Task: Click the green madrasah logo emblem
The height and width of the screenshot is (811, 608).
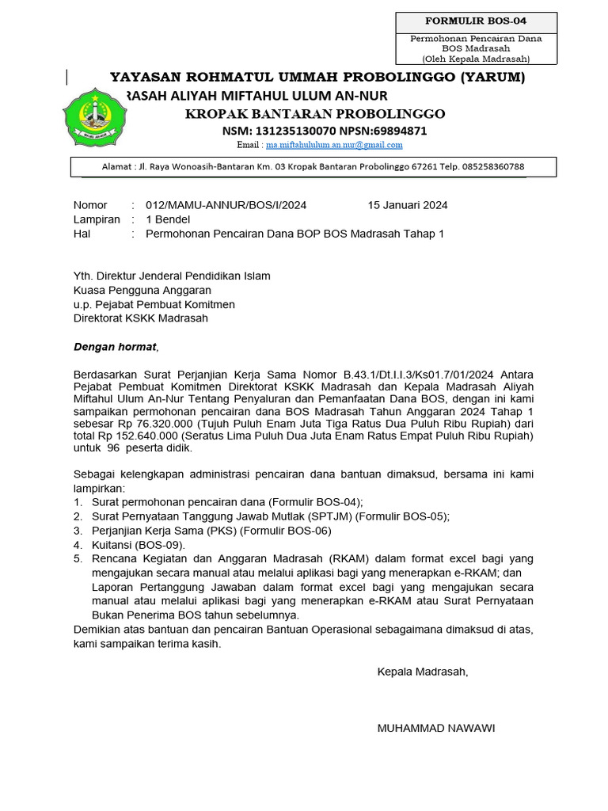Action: [93, 120]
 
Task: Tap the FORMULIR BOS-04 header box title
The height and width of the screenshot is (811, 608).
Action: [476, 21]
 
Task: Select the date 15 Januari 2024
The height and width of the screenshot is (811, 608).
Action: [407, 205]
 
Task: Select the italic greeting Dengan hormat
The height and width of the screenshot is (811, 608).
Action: [116, 346]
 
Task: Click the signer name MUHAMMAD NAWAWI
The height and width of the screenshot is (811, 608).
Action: [436, 728]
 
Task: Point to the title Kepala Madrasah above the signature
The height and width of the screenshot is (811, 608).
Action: [423, 672]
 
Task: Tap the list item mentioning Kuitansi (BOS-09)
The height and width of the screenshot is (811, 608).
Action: [139, 545]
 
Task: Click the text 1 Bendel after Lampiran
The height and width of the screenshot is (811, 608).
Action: [162, 219]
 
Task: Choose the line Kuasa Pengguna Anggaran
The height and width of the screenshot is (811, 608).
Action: [137, 290]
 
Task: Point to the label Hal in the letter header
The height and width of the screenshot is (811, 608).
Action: [82, 234]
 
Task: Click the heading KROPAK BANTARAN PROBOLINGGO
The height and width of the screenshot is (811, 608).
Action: [314, 113]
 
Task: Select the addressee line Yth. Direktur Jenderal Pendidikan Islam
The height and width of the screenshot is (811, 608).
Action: [172, 276]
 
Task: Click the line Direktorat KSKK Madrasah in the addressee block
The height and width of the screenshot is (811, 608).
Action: [141, 318]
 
